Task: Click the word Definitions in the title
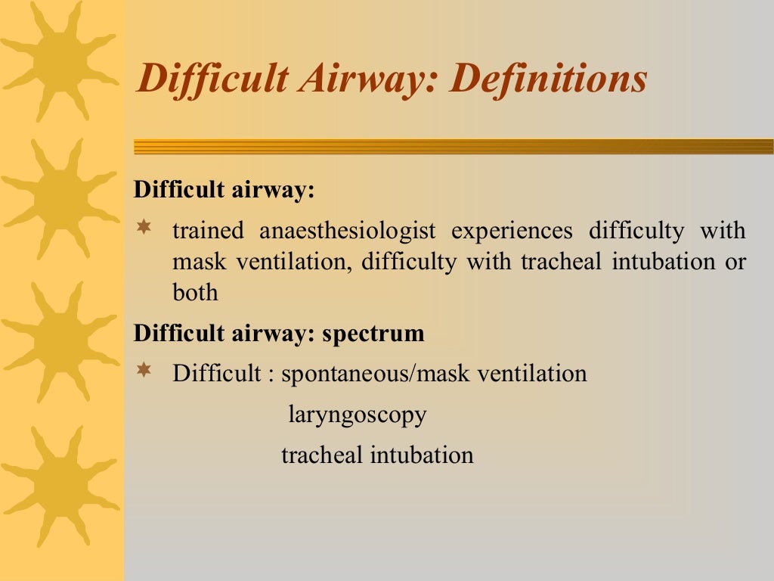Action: point(548,78)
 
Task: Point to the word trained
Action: point(209,230)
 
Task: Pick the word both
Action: point(195,292)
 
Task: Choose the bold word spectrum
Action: point(373,334)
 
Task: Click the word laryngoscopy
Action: point(358,415)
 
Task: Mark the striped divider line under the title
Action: point(454,146)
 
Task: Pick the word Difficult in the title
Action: point(213,78)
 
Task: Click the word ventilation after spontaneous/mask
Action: point(532,374)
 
